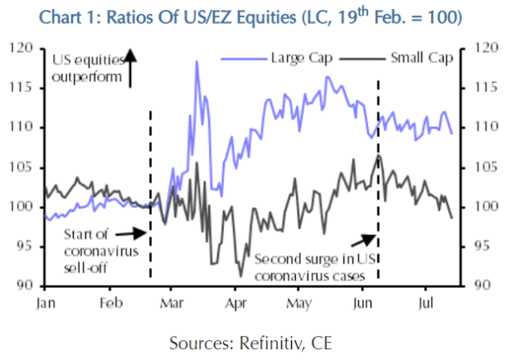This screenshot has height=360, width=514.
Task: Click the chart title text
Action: click(256, 16)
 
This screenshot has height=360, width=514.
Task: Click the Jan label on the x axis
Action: click(47, 304)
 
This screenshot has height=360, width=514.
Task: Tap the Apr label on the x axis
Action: click(235, 304)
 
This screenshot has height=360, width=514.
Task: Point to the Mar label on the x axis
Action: click(172, 304)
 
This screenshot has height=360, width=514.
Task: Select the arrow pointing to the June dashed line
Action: click(364, 240)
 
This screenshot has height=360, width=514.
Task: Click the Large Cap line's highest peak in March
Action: click(196, 61)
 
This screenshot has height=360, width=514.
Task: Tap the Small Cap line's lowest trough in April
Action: click(240, 275)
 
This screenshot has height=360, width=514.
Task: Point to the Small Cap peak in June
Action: click(378, 155)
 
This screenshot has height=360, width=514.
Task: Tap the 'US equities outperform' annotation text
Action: click(86, 68)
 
